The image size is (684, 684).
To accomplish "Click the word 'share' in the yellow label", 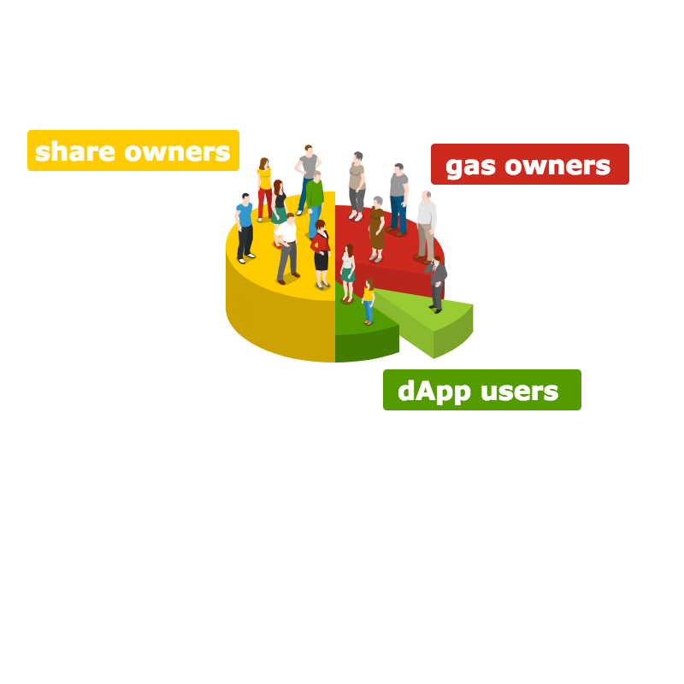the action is click(x=75, y=151).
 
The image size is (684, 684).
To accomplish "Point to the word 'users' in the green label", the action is click(x=518, y=391).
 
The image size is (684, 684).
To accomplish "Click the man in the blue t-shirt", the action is click(x=245, y=227).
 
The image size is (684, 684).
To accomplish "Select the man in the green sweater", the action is click(x=315, y=202).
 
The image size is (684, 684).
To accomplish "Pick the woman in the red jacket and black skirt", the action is click(x=321, y=252).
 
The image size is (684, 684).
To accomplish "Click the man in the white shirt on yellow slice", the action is click(x=286, y=244).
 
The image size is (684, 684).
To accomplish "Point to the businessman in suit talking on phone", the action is click(x=437, y=281).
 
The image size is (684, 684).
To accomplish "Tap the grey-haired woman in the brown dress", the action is click(x=376, y=227).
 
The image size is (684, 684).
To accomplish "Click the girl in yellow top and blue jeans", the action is click(x=369, y=299).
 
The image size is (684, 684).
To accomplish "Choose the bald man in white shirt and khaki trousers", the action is click(x=426, y=224).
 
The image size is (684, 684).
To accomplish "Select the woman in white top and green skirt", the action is click(x=347, y=271).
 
